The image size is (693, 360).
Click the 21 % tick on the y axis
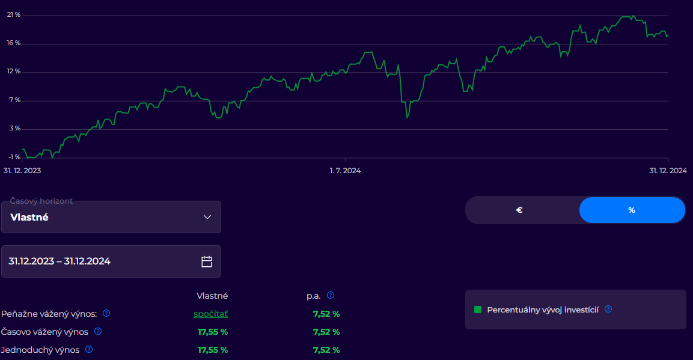tap(14, 15)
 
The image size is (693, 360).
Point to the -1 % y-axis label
tap(14, 157)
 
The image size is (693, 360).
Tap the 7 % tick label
tap(15, 100)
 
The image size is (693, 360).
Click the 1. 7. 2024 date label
tap(345, 171)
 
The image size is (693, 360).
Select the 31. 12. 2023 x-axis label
tap(22, 171)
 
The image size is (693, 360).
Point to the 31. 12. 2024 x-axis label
tap(668, 171)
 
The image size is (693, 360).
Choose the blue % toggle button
tap(632, 210)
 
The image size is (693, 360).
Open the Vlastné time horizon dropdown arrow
tap(207, 218)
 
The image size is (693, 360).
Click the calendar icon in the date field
tap(207, 261)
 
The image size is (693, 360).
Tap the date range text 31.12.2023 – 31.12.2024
tap(60, 261)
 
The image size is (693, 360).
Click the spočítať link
tap(211, 314)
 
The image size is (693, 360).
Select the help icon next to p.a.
tap(331, 296)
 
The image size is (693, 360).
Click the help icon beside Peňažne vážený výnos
tap(106, 313)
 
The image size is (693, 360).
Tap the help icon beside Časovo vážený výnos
tap(98, 331)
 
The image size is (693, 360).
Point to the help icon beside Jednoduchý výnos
tap(89, 349)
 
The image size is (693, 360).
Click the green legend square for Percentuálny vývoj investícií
tap(478, 310)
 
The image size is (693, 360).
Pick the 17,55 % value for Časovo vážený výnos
tap(213, 332)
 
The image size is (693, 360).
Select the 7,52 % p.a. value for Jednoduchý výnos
tap(326, 350)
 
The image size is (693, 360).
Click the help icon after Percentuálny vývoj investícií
tap(608, 309)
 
